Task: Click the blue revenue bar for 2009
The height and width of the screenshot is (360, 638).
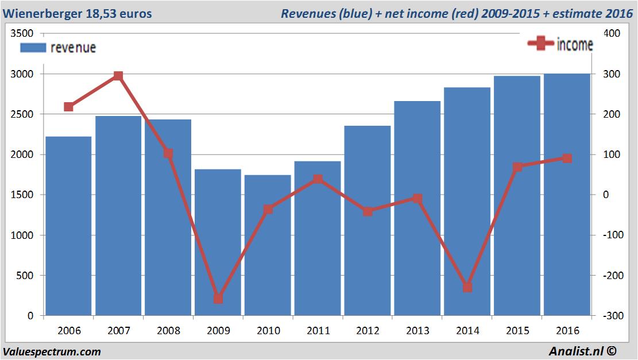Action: click(218, 241)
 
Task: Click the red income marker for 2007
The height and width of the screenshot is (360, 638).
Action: click(118, 76)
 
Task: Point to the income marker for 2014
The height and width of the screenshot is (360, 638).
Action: click(467, 287)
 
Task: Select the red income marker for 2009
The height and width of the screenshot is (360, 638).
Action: click(218, 299)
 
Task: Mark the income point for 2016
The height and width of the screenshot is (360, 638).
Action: click(567, 158)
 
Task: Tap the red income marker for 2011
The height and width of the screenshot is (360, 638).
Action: click(318, 179)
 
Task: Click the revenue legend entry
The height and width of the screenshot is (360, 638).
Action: click(58, 48)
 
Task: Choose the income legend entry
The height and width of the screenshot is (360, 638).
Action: click(560, 44)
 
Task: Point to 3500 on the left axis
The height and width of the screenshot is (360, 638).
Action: click(23, 34)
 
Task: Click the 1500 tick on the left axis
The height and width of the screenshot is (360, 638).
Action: click(23, 195)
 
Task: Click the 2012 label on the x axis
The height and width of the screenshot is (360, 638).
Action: click(368, 331)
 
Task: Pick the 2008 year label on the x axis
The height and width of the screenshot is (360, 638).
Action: click(168, 331)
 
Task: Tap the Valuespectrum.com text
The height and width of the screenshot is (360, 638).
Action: click(52, 351)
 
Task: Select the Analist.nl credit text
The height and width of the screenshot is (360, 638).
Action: click(586, 351)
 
